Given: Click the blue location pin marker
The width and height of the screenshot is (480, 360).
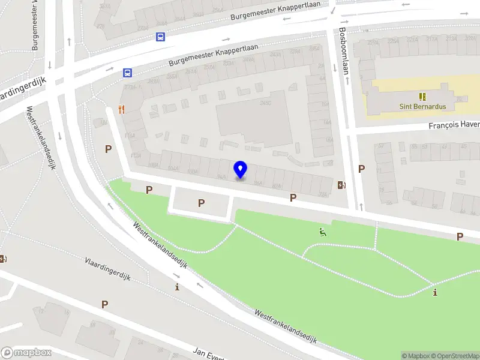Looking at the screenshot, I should tap(241, 169).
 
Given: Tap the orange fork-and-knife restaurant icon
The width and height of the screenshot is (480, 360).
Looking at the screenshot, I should tap(122, 109).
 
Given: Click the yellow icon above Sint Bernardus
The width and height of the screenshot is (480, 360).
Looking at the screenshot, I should tap(422, 96).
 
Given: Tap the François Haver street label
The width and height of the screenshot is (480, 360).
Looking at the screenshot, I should tap(454, 125).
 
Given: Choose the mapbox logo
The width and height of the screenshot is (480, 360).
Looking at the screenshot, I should tap(26, 353).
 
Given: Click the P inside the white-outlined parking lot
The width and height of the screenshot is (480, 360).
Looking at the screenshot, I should tap(202, 203).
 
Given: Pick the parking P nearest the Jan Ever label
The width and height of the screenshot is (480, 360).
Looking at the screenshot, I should tap(104, 305).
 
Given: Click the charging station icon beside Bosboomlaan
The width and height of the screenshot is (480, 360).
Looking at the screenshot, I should tap(342, 185).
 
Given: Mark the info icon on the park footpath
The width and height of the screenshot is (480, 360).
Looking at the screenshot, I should tap(435, 293).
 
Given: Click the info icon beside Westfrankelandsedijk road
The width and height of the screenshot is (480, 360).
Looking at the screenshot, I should tap(177, 287).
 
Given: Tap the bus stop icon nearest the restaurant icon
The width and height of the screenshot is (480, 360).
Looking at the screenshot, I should tap(127, 73).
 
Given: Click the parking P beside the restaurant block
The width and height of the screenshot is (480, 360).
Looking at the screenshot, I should tap(108, 149).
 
